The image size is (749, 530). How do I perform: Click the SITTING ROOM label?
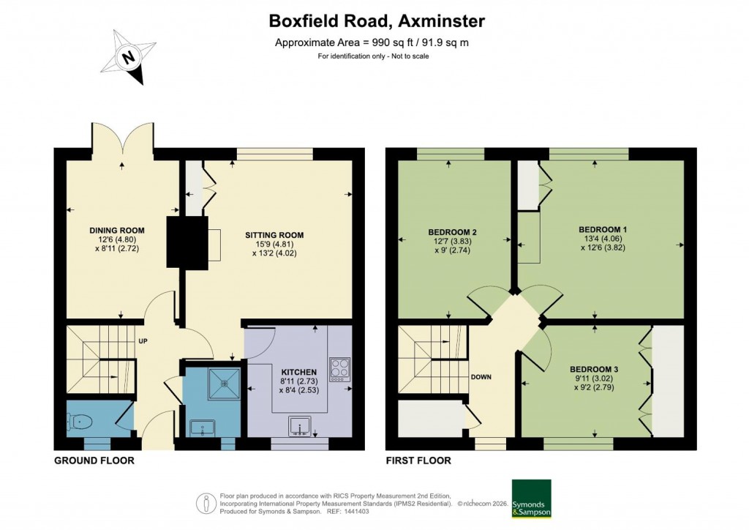coord(274,235)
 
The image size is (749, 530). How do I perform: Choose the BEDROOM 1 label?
coord(598,229)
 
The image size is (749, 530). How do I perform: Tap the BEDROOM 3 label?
coord(594,369)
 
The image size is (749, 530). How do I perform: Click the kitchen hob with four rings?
coord(340,368)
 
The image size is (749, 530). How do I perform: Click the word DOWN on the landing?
coord(481,377)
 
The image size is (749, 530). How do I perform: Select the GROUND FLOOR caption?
coord(94,460)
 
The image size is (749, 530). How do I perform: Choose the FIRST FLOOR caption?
coord(418,460)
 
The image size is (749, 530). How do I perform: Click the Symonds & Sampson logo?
coord(532,499)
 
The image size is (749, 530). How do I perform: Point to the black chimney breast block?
coord(181,242)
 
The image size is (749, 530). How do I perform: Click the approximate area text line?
coord(371,42)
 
